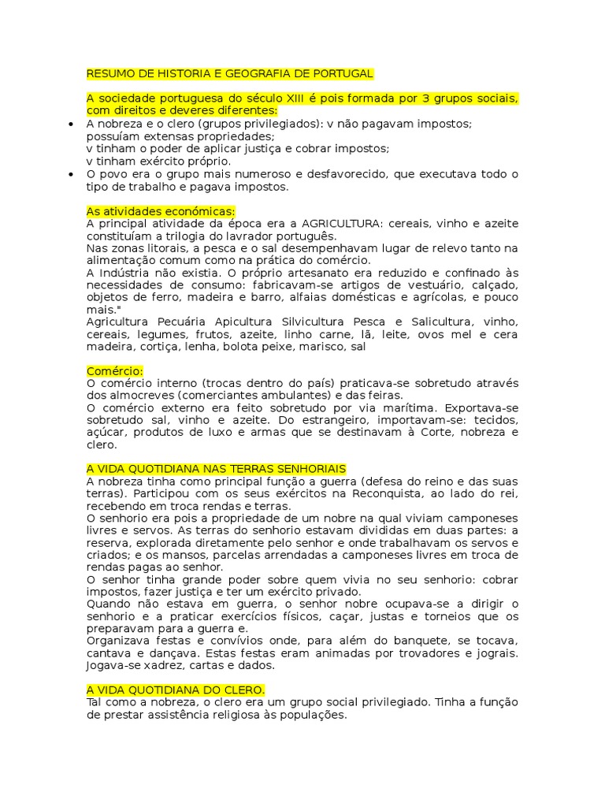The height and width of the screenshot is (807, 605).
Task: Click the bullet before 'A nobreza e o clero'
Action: (71, 125)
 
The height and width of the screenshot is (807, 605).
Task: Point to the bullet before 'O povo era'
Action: (71, 174)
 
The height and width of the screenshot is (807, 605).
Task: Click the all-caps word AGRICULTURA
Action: (340, 224)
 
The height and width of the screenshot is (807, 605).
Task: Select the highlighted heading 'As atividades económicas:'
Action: (161, 211)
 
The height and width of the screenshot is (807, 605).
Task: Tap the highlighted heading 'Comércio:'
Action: (115, 370)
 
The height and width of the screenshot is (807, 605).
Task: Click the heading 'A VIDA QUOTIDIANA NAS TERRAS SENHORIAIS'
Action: (217, 469)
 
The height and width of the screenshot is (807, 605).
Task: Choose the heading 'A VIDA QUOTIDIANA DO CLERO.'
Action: (176, 690)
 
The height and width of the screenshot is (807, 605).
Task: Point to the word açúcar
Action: (106, 432)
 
